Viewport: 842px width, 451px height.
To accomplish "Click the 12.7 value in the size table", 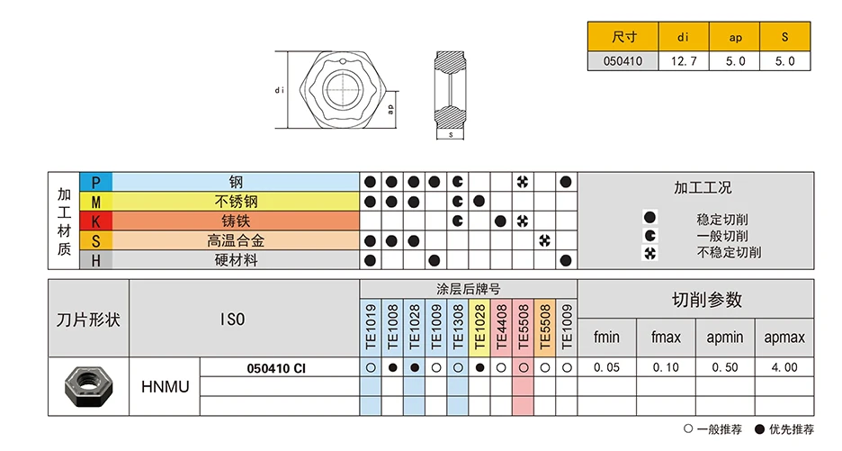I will point(685,61).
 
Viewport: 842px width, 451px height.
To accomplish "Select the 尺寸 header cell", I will point(623,38).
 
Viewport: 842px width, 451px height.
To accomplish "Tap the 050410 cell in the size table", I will point(623,61).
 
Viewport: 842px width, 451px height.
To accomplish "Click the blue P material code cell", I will point(96,182).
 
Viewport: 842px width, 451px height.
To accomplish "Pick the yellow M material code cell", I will point(96,202).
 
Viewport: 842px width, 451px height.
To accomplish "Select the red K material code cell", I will point(96,221).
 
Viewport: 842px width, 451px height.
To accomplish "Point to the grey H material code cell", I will point(96,260).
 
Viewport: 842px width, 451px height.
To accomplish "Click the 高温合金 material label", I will point(236,240).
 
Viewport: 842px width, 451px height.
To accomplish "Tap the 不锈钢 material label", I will point(236,202).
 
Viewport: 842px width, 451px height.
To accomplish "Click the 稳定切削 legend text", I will point(722,219).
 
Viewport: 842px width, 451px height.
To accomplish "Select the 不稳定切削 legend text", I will point(729,252).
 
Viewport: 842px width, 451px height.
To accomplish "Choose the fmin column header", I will point(607,338).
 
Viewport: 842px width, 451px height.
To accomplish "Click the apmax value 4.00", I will point(784,367).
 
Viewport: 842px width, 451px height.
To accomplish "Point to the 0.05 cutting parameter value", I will point(607,367).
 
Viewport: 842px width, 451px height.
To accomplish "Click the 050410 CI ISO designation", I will point(276,367).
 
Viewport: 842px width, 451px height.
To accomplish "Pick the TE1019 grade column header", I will point(370,327).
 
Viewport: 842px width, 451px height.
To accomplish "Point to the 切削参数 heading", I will point(707,300).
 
